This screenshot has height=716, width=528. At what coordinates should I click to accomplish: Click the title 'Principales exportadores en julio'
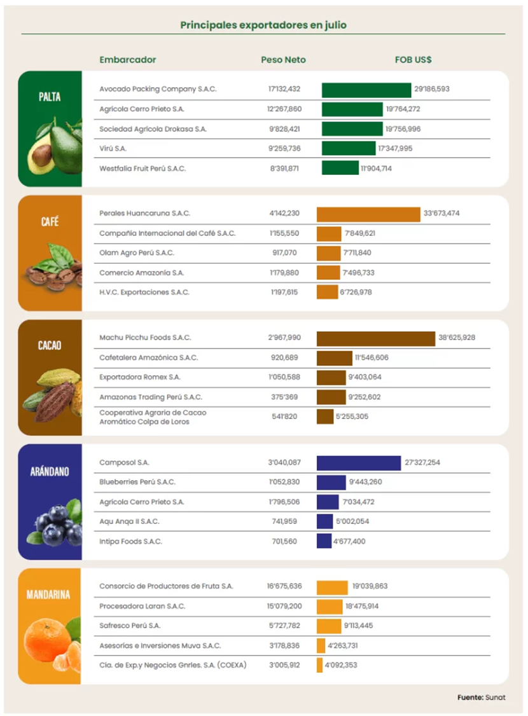point(263,25)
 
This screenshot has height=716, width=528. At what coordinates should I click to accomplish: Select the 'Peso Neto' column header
point(283,60)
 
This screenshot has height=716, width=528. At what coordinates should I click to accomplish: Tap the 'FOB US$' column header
point(413,60)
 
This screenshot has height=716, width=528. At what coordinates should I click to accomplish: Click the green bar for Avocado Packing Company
point(366,90)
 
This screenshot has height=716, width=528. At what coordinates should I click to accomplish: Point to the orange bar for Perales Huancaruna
point(368,214)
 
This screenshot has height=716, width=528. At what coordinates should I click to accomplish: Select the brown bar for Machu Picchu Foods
point(375,338)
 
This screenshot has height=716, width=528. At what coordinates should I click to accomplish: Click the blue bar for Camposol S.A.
point(359,463)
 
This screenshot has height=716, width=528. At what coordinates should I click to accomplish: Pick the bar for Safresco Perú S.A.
point(329,626)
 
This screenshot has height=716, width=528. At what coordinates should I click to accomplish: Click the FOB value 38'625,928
point(457,338)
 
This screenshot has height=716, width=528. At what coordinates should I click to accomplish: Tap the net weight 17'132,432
point(284,90)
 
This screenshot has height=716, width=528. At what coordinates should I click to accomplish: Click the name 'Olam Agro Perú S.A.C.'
point(137,253)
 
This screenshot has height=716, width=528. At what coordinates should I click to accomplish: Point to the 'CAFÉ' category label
point(50,222)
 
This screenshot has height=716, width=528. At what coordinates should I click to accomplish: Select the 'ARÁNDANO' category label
point(50,472)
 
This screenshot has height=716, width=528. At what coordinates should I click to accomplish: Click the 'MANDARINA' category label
point(50,596)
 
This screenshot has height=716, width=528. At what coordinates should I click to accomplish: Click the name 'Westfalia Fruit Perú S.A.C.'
point(142,169)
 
